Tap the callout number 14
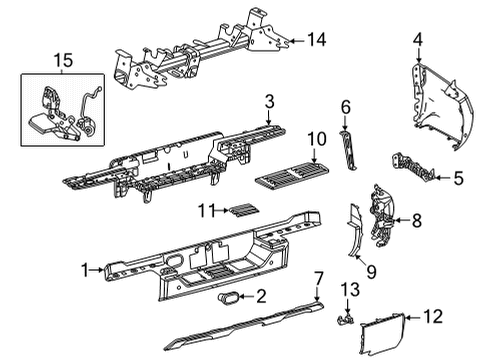[318, 41]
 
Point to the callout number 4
[418, 41]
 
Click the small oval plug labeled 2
[229, 297]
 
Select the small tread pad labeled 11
[241, 209]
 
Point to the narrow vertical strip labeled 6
[349, 148]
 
